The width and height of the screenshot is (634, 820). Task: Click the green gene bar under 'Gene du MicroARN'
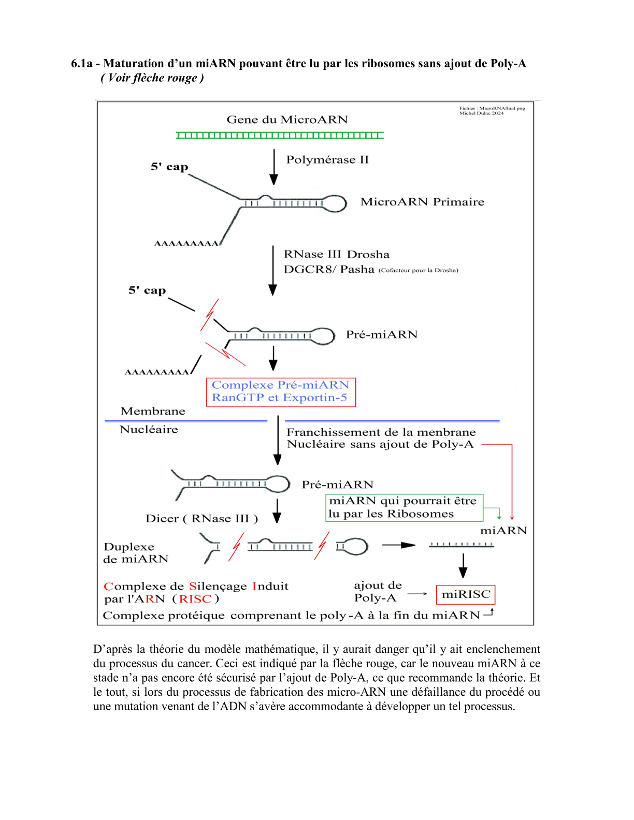coord(280,135)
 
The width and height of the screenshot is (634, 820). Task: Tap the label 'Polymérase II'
coord(327,159)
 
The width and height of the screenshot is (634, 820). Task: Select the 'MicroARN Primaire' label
coord(422,202)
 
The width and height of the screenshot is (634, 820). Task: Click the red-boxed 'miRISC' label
coord(466,595)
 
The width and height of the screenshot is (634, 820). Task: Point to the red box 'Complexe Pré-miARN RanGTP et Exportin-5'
coord(281,392)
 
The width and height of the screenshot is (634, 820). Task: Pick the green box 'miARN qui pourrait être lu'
coord(405,507)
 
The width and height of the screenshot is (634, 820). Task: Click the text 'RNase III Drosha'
coord(337,254)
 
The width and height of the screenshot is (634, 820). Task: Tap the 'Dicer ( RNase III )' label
coord(201,519)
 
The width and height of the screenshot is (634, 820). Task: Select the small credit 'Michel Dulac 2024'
coord(481,113)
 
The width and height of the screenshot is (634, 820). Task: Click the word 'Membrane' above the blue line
coord(153,411)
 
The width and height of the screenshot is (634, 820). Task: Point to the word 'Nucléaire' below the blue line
coord(149,430)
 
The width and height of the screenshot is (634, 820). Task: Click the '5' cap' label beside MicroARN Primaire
coord(169,166)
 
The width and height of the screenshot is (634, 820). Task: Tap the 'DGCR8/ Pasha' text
coord(329,269)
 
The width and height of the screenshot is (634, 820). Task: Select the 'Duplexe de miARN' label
coord(136,553)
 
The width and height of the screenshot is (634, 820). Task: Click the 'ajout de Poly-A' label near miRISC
coord(378,592)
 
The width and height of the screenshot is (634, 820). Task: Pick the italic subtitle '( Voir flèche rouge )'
coord(152,78)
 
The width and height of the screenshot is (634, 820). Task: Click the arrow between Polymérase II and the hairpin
coord(274,167)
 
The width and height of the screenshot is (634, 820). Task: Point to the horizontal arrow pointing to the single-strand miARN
coord(399,545)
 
